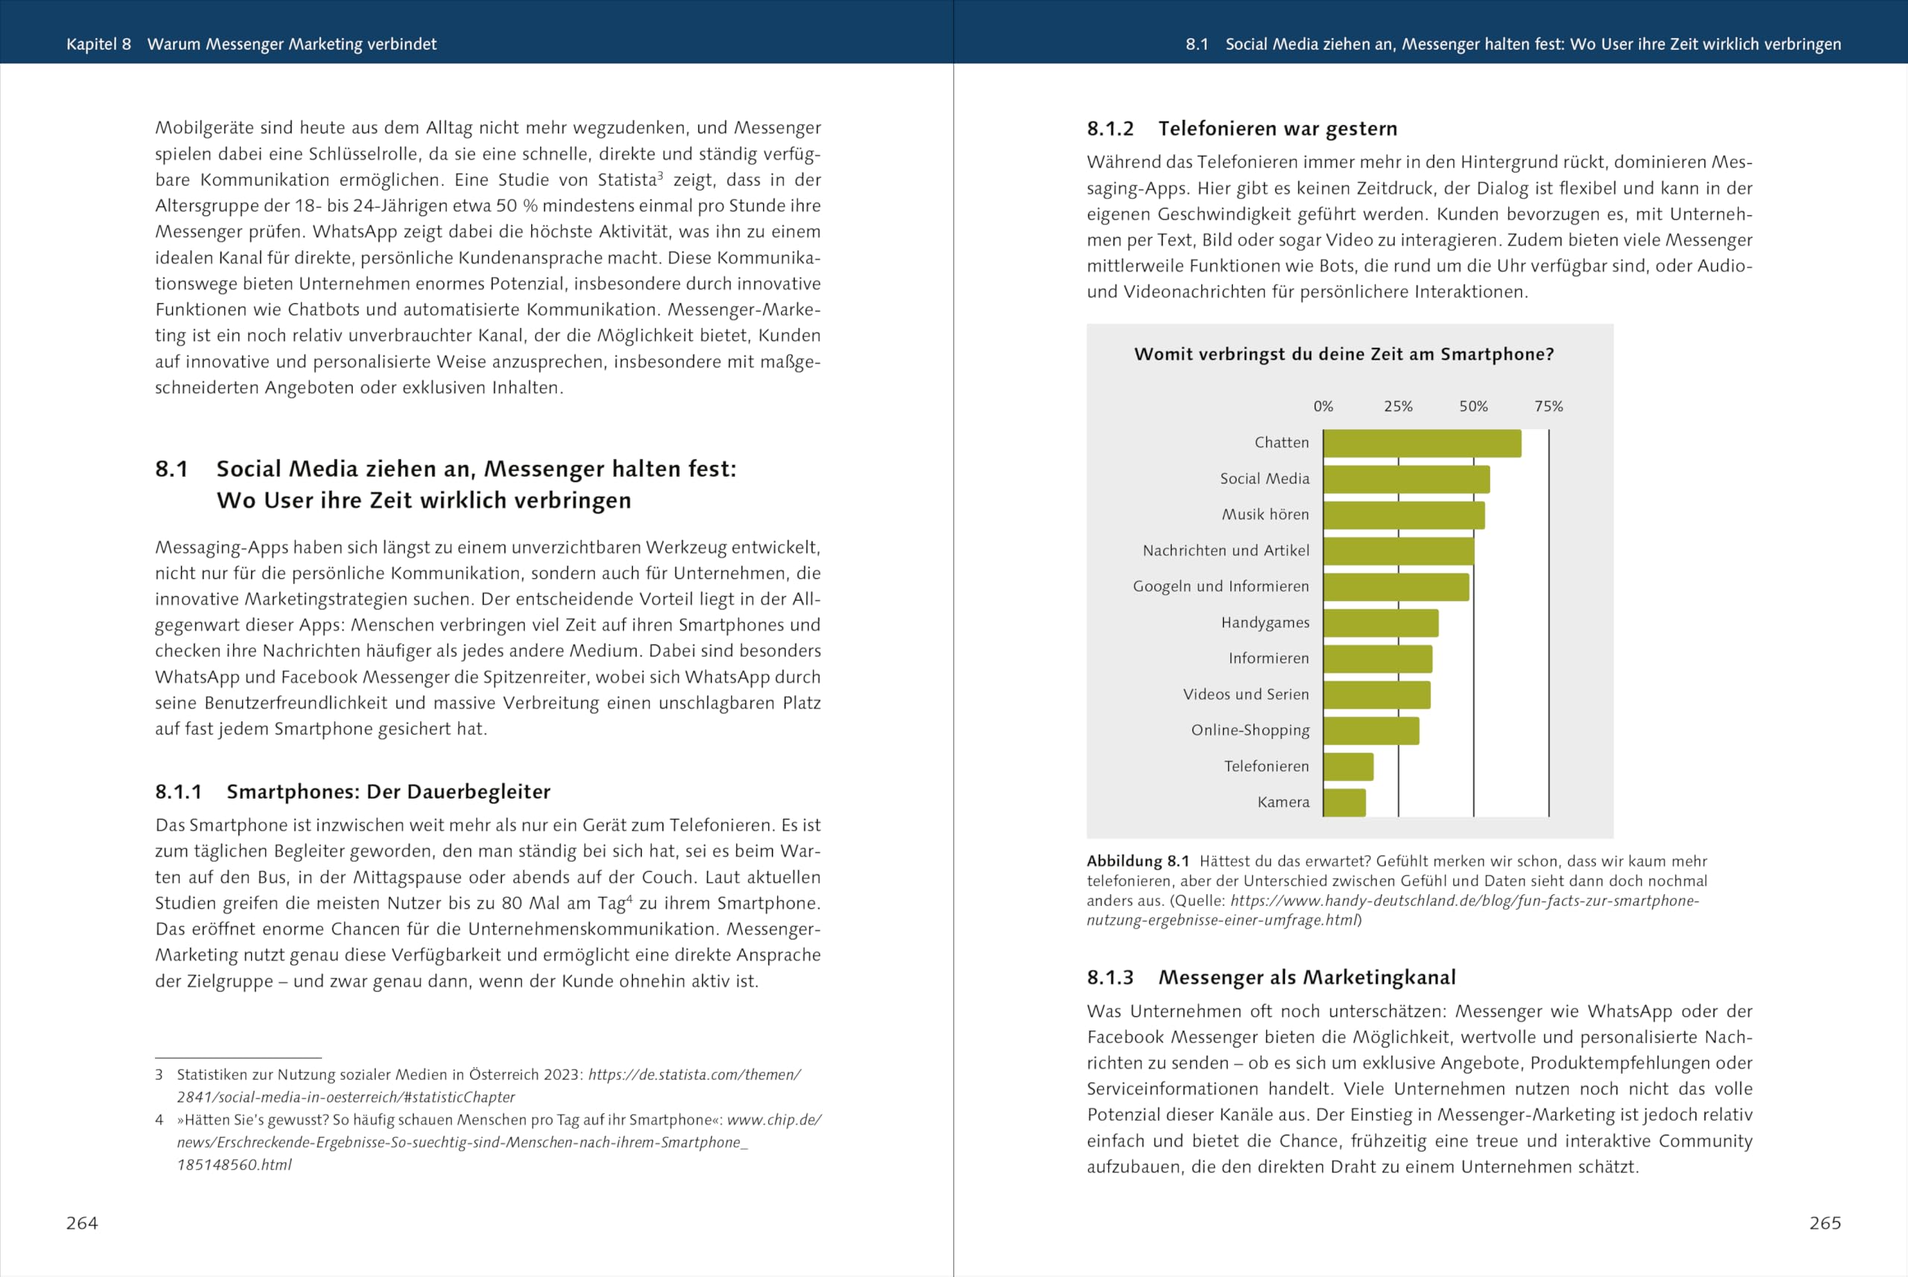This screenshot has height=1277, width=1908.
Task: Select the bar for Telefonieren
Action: coord(1348,767)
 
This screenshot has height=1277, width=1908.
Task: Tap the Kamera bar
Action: coord(1345,802)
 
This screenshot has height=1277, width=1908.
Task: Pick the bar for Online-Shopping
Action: coord(1371,731)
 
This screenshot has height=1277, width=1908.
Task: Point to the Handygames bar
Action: coord(1381,623)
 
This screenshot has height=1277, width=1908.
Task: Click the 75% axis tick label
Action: coord(1549,406)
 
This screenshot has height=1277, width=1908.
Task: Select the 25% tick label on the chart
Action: coord(1398,406)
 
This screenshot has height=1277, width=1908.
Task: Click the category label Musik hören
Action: coord(1266,515)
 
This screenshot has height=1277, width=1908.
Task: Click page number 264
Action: coord(82,1223)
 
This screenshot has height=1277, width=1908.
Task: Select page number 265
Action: coord(1825,1223)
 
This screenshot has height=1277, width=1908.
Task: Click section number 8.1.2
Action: coord(1111,129)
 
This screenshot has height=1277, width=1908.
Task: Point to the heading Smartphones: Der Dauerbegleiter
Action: coord(388,792)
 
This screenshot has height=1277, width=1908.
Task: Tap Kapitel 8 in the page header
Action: coord(98,44)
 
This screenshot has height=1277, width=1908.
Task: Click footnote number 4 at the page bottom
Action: coord(159,1120)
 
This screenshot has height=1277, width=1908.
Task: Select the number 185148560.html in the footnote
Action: coord(235,1165)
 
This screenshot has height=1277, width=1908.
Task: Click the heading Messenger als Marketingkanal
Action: coord(1307,977)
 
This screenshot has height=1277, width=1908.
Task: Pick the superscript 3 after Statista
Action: coord(660,175)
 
